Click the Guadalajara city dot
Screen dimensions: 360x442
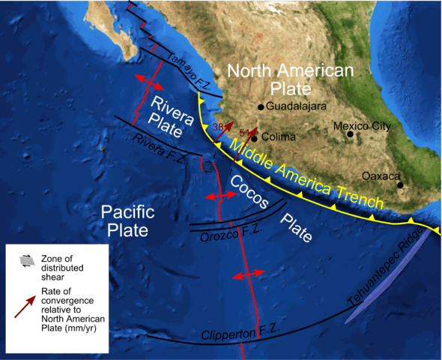point(261,106)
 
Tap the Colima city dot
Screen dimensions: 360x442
point(254,138)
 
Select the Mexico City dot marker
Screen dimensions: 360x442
point(350,134)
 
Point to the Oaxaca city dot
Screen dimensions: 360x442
point(400,185)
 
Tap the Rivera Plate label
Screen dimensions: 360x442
point(170,113)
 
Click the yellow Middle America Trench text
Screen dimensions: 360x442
point(307,177)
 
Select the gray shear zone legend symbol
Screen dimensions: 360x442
point(27,259)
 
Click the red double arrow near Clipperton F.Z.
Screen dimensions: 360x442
point(248,276)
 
